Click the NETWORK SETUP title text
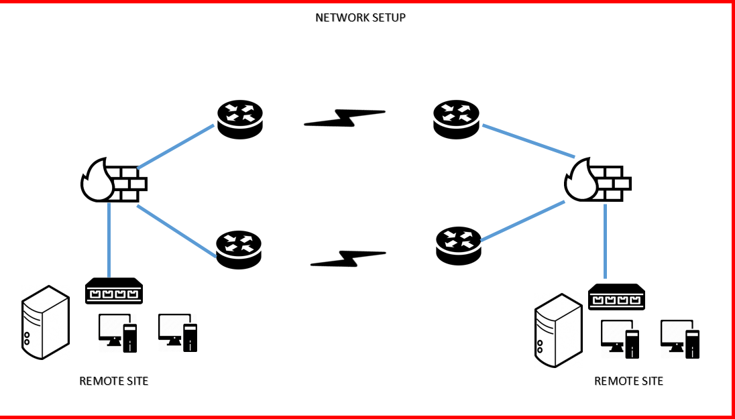click(360, 17)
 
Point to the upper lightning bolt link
click(345, 118)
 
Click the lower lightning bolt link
click(348, 258)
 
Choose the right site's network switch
click(616, 296)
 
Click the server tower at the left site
click(45, 322)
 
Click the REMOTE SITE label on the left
click(114, 381)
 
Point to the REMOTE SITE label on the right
click(628, 381)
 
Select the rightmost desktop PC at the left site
click(178, 333)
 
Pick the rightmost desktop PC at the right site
click(680, 337)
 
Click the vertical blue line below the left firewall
click(109, 238)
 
